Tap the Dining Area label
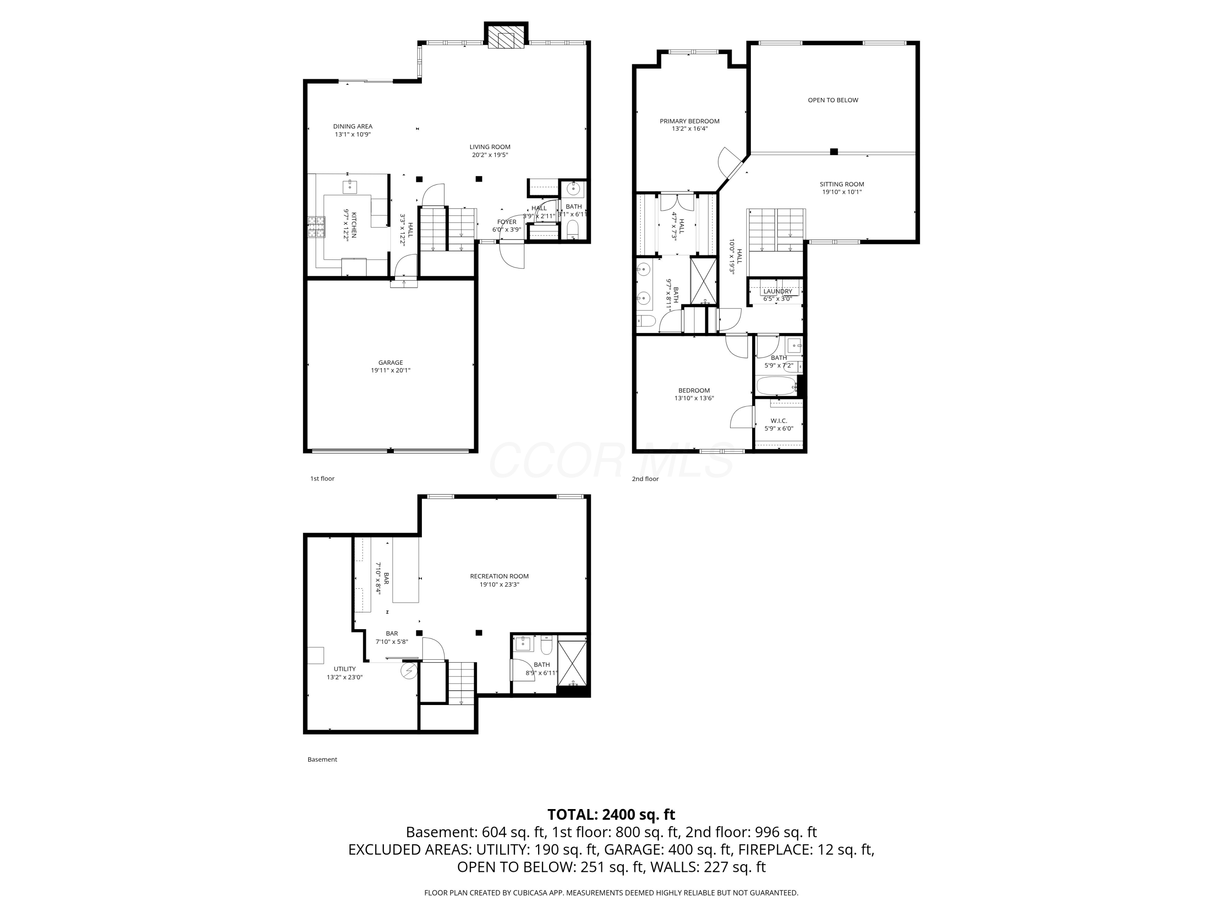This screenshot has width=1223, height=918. pyautogui.click(x=353, y=126)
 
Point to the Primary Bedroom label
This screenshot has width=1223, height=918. pyautogui.click(x=689, y=121)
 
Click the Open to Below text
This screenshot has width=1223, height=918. pyautogui.click(x=832, y=100)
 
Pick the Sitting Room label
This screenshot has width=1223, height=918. pyautogui.click(x=841, y=184)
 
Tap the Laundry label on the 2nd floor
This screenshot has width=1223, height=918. pyautogui.click(x=777, y=291)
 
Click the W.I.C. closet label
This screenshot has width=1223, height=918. pyautogui.click(x=779, y=421)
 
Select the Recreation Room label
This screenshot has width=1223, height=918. pyautogui.click(x=499, y=576)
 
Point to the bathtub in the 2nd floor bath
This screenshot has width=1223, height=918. pyautogui.click(x=776, y=385)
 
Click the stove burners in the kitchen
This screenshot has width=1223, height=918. pyautogui.click(x=316, y=227)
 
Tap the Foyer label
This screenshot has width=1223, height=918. pyautogui.click(x=507, y=222)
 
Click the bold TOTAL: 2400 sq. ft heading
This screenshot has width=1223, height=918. pyautogui.click(x=611, y=814)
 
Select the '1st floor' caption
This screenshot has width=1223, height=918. pyautogui.click(x=322, y=479)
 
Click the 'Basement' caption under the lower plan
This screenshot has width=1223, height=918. pyautogui.click(x=322, y=759)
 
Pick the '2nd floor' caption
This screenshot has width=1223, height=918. pyautogui.click(x=645, y=479)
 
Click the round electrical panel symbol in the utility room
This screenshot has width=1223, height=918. pyautogui.click(x=409, y=671)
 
